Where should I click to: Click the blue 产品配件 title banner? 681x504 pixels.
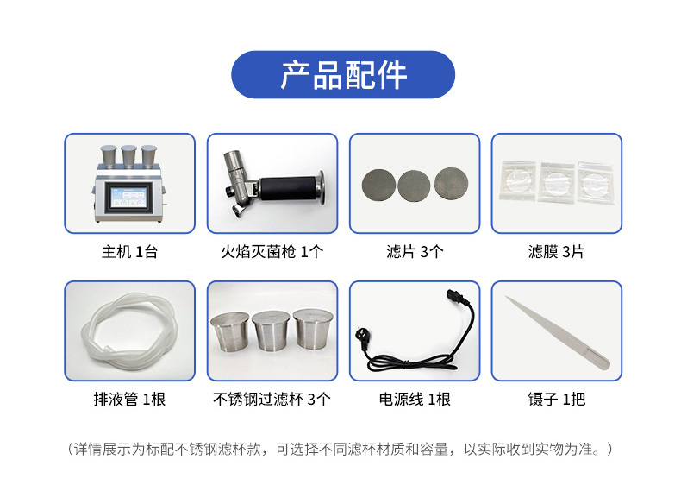point(343,75)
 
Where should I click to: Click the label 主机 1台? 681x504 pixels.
point(129,253)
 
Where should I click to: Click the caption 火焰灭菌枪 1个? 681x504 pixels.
point(272,253)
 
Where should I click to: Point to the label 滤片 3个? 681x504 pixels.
point(415,253)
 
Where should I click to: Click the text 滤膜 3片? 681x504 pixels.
point(556,253)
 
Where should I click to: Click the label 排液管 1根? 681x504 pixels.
point(129,400)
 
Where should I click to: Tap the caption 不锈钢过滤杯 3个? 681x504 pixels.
point(272,400)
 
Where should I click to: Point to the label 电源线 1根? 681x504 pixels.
point(415,400)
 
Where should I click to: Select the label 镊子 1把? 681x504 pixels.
point(557,400)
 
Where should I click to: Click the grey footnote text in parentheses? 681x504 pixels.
point(340,450)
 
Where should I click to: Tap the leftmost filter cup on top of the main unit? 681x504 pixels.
point(109,156)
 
